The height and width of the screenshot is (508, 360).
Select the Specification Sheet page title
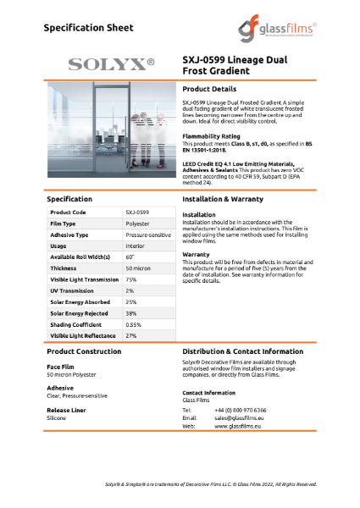click(88, 27)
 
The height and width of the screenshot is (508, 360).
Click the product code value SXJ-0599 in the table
click(137, 212)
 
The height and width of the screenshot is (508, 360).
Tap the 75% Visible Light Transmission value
click(131, 279)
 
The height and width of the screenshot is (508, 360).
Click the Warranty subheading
click(197, 253)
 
